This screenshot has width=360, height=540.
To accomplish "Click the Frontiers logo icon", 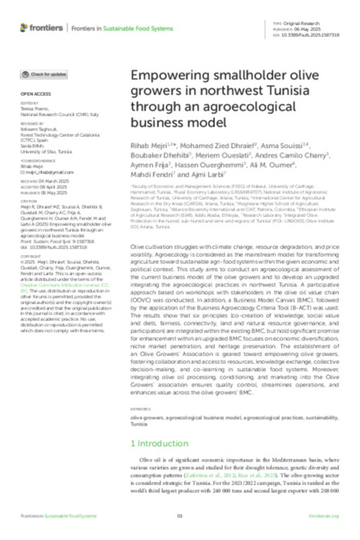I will point(24,28).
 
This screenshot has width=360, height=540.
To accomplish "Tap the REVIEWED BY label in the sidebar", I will point(31,124).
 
